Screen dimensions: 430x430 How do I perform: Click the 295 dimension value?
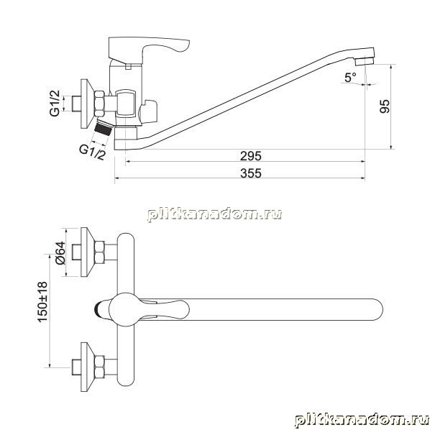(x=251, y=156)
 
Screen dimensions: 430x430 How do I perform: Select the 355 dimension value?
(x=251, y=173)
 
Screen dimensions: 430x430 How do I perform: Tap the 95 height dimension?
(x=385, y=106)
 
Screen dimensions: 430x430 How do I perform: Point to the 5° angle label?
(x=350, y=78)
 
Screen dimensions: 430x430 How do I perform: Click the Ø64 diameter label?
(x=60, y=253)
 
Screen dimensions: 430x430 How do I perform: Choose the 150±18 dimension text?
(x=42, y=302)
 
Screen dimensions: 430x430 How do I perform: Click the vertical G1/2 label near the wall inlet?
(x=55, y=104)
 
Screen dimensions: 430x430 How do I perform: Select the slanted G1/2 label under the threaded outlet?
(x=93, y=152)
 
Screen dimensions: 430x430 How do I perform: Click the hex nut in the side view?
(x=99, y=104)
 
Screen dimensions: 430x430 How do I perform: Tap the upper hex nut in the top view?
(x=99, y=252)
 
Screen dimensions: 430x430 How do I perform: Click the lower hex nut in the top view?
(x=99, y=367)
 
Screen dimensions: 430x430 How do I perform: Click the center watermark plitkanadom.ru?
(x=214, y=214)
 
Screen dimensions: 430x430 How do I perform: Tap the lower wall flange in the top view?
(x=88, y=367)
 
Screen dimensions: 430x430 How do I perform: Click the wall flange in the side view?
(x=88, y=104)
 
